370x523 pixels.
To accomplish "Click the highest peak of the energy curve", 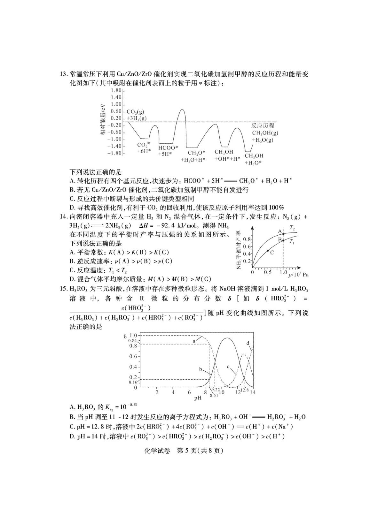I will (182, 110).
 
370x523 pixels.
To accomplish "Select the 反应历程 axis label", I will (263, 125).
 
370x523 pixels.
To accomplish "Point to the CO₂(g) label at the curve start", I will (135, 111).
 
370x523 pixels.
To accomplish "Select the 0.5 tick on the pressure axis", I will (268, 272).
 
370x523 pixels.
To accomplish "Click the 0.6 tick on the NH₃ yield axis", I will (247, 246).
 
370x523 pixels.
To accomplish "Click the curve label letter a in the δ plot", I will (194, 341).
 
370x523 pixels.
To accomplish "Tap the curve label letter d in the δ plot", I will (248, 343).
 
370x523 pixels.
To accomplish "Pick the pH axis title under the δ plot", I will (198, 398).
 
